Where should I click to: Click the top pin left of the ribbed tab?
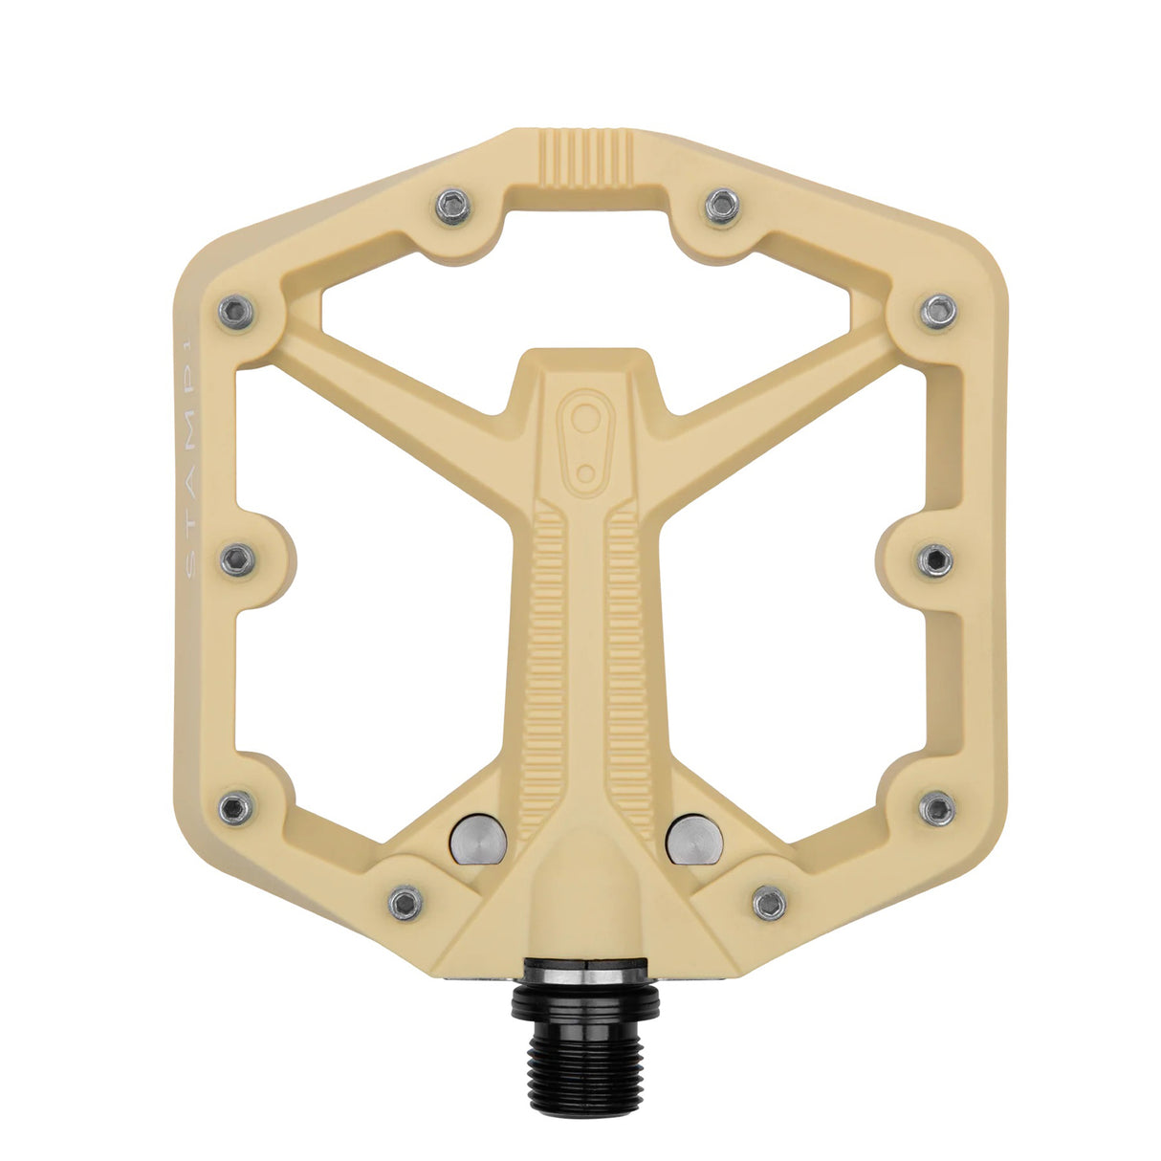pos(453,206)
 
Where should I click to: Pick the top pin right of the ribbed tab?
pos(722,206)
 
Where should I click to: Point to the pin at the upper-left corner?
pos(236,311)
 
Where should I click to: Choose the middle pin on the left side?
pos(237,559)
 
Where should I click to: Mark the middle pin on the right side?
pos(935,559)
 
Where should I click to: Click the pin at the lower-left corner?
pos(236,808)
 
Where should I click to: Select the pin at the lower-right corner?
pos(937,808)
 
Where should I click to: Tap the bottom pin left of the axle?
pos(405,901)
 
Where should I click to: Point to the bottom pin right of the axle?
pos(769,901)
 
